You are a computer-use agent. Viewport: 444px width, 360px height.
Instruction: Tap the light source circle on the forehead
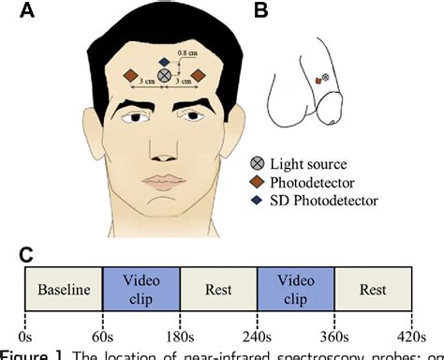coord(164,74)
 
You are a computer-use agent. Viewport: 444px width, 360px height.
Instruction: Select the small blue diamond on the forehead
coord(164,56)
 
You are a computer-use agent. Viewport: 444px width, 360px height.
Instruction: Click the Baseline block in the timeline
coord(63,291)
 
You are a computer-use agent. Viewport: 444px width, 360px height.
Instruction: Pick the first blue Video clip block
coord(141,291)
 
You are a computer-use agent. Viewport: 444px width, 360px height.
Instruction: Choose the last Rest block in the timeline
coord(373,291)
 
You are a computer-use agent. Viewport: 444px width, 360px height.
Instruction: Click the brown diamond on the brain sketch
coord(318,82)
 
